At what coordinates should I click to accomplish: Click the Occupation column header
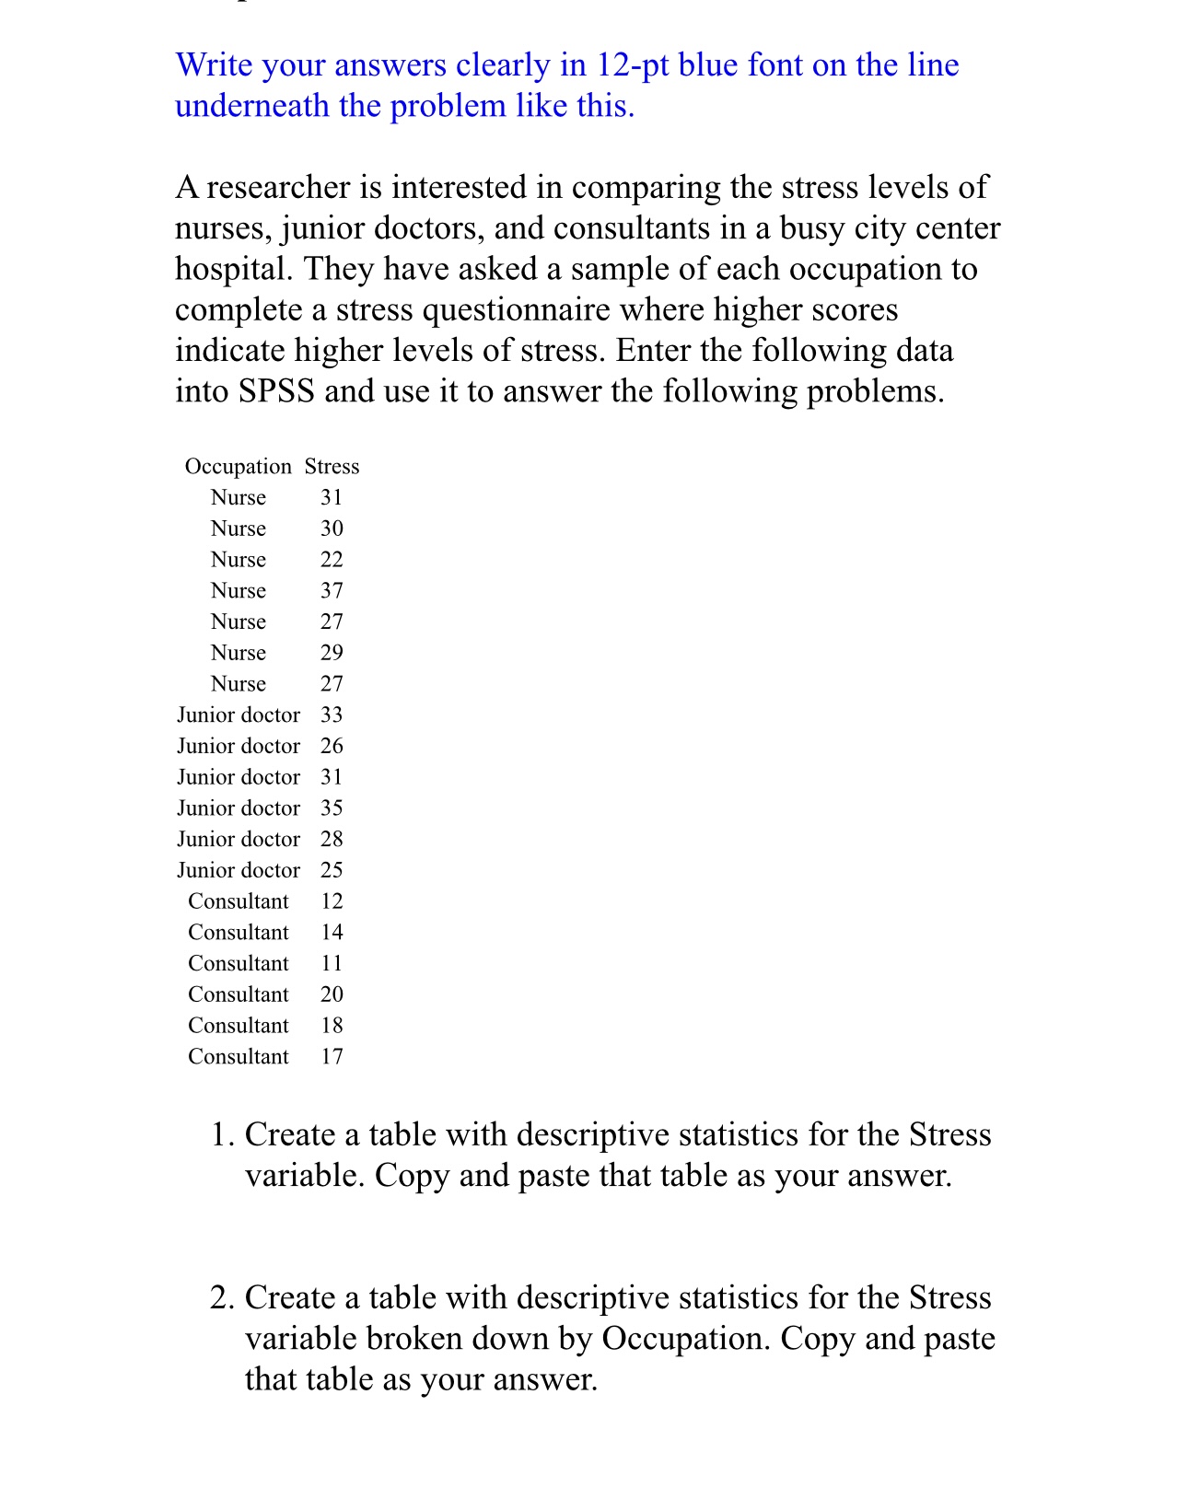238,467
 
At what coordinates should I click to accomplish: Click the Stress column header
332,467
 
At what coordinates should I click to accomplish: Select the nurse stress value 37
332,590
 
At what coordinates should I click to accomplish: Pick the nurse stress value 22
332,560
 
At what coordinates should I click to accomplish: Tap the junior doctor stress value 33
332,715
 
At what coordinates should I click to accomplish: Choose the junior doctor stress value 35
332,808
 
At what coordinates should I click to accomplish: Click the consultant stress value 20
332,994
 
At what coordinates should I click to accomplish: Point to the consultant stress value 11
332,963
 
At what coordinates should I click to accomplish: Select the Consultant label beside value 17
238,1057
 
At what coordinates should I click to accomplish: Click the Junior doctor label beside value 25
238,870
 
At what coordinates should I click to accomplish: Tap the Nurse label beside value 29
238,653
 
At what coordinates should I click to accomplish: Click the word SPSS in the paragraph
276,391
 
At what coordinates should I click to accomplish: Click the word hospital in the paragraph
232,269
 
